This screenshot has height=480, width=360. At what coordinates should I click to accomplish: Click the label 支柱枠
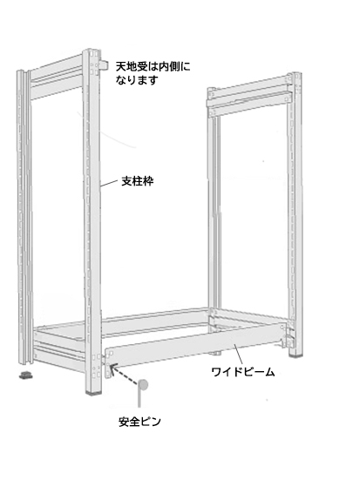tap(137, 181)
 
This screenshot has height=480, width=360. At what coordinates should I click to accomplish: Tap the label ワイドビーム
tap(243, 372)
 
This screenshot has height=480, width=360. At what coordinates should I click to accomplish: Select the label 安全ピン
tap(139, 422)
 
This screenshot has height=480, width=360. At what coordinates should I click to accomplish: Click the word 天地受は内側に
tap(153, 66)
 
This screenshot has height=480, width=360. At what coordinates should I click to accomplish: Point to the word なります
tap(137, 80)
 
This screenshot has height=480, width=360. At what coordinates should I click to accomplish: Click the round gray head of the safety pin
tap(142, 385)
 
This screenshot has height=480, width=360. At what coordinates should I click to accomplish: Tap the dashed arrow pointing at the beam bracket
tap(123, 374)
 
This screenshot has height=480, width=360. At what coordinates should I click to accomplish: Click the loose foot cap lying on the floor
tap(26, 375)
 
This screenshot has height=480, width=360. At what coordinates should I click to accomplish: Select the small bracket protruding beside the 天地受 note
tap(105, 64)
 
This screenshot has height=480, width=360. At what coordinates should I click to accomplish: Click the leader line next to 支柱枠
tap(109, 183)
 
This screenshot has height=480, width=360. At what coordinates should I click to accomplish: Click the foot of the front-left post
tap(93, 392)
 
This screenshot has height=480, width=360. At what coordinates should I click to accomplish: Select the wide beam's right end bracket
tap(284, 335)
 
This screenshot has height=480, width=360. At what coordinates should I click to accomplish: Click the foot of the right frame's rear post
tap(215, 353)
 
